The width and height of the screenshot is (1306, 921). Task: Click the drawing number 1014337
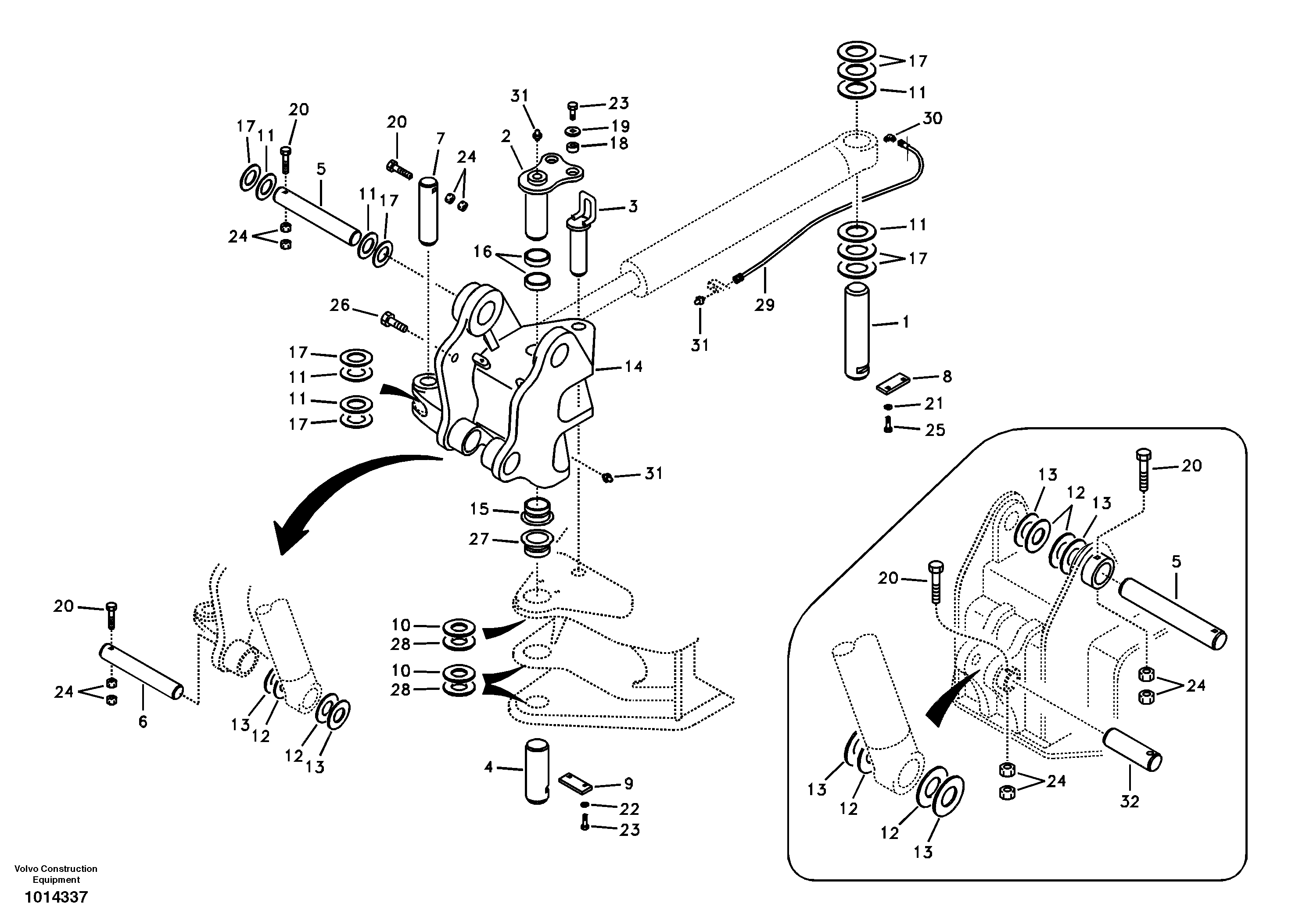(56, 898)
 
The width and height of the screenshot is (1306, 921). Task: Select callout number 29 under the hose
(764, 305)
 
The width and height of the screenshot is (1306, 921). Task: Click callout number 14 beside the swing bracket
(633, 367)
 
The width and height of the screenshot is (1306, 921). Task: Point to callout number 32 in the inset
(1129, 802)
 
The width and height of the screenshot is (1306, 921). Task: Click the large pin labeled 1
(857, 332)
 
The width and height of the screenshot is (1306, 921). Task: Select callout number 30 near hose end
(932, 118)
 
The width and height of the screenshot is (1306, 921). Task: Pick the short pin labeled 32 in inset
(1132, 750)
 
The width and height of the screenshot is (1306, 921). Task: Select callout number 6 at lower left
(143, 721)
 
